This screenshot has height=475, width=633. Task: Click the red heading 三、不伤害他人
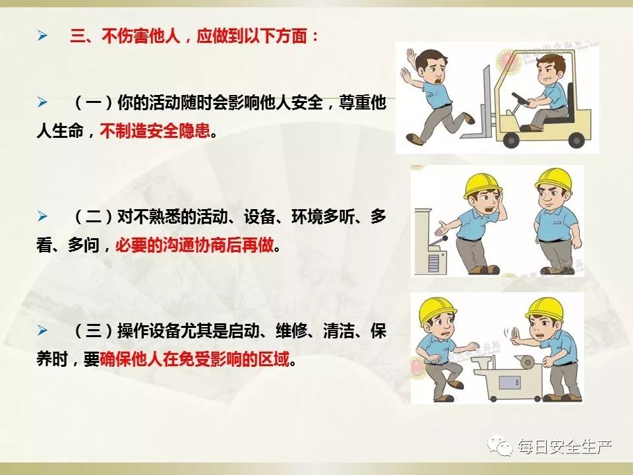pyautogui.click(x=125, y=36)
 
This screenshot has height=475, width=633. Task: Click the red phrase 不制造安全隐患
pyautogui.click(x=155, y=131)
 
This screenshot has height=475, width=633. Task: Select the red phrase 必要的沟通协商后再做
pyautogui.click(x=195, y=245)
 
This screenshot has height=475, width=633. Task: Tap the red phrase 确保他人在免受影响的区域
pyautogui.click(x=195, y=359)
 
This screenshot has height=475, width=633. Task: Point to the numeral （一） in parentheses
pyautogui.click(x=93, y=103)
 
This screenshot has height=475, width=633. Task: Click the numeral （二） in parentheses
pyautogui.click(x=93, y=217)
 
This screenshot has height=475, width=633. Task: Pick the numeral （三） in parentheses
pyautogui.click(x=93, y=331)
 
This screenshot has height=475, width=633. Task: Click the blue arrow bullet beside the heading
pyautogui.click(x=42, y=36)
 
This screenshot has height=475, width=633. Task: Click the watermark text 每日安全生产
pyautogui.click(x=565, y=447)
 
